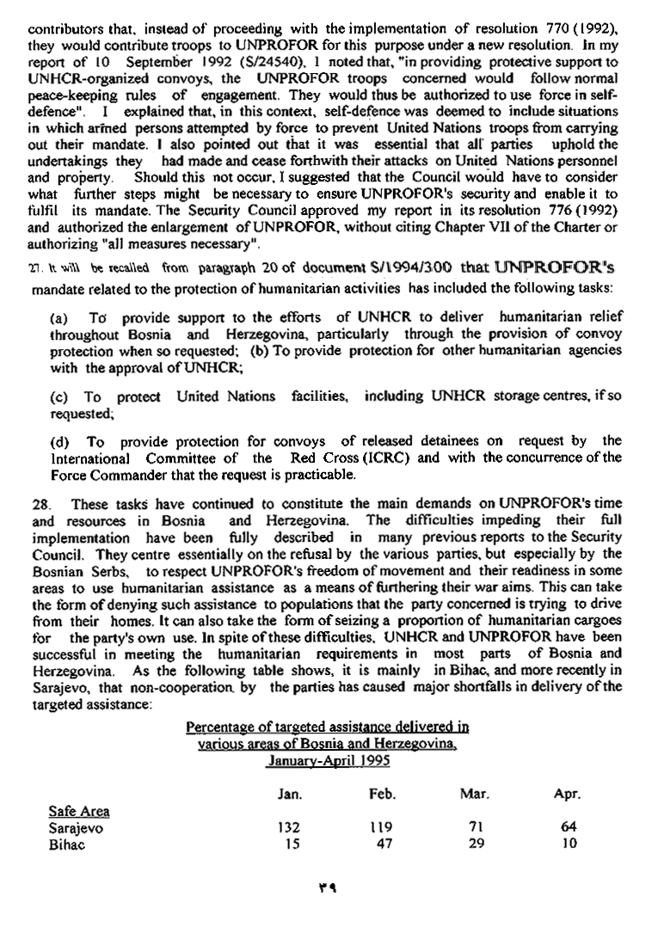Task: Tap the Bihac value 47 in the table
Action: pos(384,844)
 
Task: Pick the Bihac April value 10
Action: pos(568,844)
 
